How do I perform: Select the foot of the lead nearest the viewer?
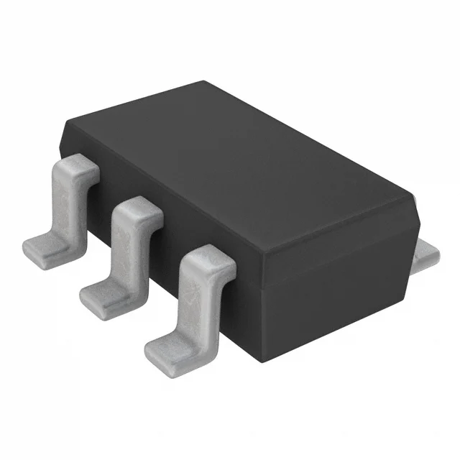click(170, 348)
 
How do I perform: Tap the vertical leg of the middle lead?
click(127, 248)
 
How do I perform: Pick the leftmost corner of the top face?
click(66, 124)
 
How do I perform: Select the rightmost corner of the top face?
click(415, 193)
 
